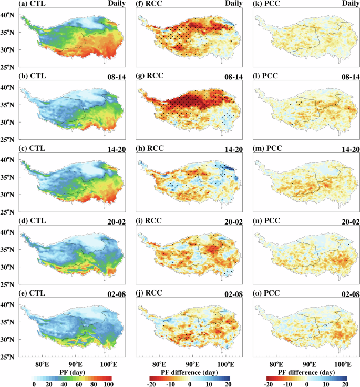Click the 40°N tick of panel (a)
[x=9, y=15]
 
